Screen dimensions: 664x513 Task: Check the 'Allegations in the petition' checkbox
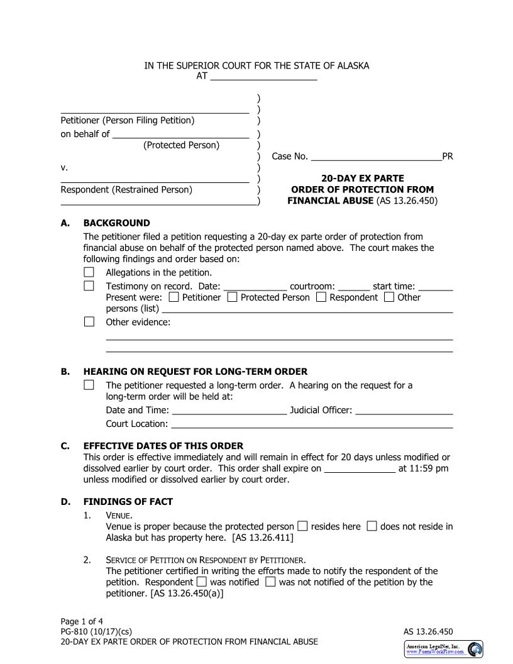(x=89, y=272)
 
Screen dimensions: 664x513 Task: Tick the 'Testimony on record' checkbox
(x=89, y=286)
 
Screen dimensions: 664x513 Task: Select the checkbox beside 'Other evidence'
(x=89, y=322)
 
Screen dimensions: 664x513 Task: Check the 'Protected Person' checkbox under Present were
(x=232, y=297)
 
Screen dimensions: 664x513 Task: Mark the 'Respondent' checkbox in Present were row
(x=321, y=297)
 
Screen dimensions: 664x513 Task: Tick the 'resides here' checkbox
(x=302, y=526)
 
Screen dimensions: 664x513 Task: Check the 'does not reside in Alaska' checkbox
(x=372, y=526)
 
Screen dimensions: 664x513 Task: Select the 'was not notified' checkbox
(x=270, y=582)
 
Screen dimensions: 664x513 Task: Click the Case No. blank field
(x=376, y=156)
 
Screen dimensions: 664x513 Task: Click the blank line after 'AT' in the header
(x=263, y=78)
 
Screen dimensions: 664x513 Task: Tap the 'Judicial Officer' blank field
(x=404, y=410)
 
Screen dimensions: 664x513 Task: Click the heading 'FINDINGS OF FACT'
(x=128, y=502)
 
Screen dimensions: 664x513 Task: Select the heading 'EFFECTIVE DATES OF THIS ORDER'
(x=163, y=446)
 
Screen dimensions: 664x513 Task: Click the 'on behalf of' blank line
(x=181, y=133)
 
